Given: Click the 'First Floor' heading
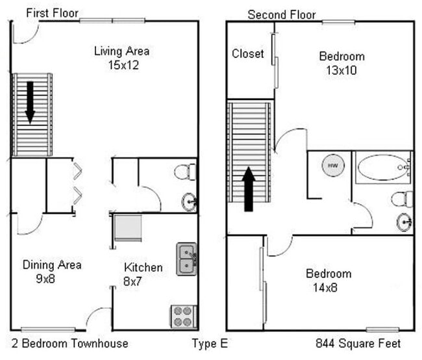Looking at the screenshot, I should tap(52, 13).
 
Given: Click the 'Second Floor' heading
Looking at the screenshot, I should tap(282, 14).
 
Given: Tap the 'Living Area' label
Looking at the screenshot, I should tap(121, 51).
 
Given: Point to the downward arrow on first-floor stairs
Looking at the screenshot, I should tap(30, 101).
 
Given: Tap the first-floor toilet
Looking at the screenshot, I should tap(184, 172).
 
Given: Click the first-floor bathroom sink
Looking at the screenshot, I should tap(188, 202).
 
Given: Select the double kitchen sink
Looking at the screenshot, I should tap(187, 259).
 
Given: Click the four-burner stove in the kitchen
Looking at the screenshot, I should tap(184, 316).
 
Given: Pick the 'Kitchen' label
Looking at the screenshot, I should tap(143, 267).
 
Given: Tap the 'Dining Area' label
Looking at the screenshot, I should tap(52, 264).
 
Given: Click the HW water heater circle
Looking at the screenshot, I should tap(332, 166).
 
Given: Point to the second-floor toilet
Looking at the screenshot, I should tap(402, 198).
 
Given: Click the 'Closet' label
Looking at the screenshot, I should tap(248, 53).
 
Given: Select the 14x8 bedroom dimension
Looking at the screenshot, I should tap(329, 287).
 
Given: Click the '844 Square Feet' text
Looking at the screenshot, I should tap(358, 343).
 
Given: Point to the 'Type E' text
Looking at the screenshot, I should tap(210, 343).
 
